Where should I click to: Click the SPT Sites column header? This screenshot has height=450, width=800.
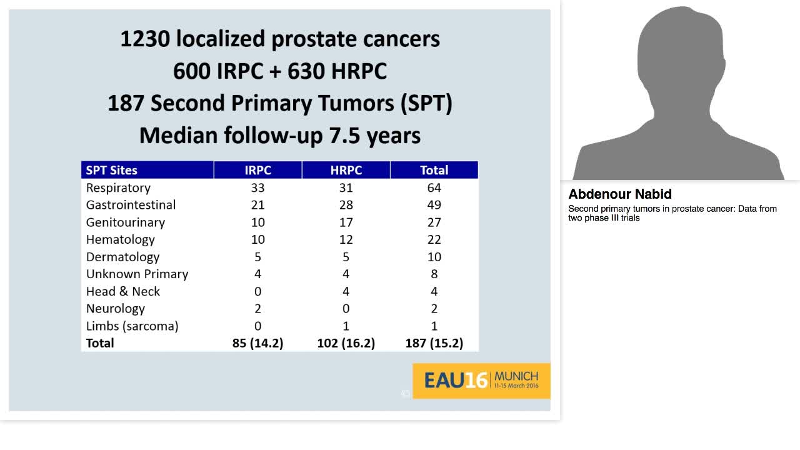click(x=111, y=170)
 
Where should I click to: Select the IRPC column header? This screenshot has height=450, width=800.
click(x=257, y=170)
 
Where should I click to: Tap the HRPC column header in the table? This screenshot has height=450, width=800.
click(x=346, y=170)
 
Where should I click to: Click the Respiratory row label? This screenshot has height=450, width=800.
click(x=118, y=187)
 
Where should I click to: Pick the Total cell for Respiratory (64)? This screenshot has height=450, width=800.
click(x=434, y=187)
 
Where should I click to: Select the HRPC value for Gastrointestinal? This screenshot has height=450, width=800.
click(x=346, y=205)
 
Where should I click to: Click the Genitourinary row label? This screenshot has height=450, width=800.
click(x=125, y=222)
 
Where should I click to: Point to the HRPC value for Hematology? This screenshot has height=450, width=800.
click(x=346, y=239)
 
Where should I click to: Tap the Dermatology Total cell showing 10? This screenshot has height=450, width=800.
click(x=434, y=257)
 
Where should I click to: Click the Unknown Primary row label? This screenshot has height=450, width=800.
click(x=137, y=274)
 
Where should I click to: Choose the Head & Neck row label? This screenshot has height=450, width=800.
click(x=122, y=291)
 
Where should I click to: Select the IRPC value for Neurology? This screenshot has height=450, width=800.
click(x=257, y=309)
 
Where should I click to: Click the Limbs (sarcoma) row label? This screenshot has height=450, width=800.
click(x=132, y=326)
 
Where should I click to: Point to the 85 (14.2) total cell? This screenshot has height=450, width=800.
click(x=257, y=343)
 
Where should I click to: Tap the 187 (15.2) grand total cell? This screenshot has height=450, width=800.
click(x=434, y=343)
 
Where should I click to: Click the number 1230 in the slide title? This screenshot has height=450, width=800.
click(x=145, y=39)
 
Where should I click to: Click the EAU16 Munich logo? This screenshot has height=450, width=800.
click(x=481, y=380)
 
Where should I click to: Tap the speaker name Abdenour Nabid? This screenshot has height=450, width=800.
click(x=620, y=194)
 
